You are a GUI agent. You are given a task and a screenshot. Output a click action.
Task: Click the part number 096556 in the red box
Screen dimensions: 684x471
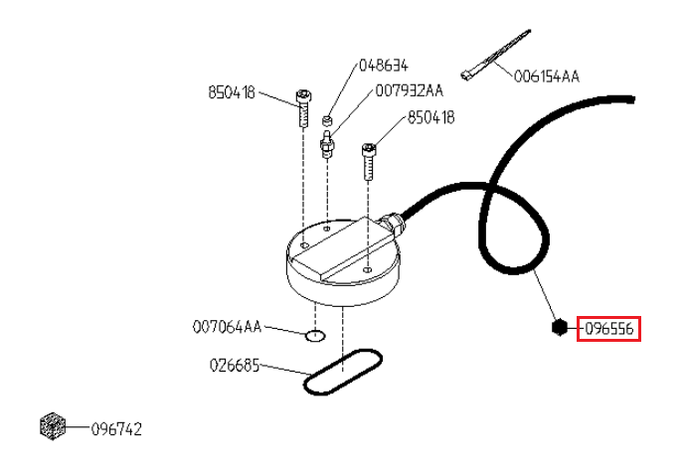[x=609, y=329]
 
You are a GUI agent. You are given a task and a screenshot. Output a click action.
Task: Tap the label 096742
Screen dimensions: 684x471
[x=116, y=429]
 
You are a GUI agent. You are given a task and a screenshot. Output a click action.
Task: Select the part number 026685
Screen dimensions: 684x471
[x=235, y=366]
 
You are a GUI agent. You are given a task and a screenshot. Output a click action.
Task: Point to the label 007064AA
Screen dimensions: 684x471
[x=227, y=327]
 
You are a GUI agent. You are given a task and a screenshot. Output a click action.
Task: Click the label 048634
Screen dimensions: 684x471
[x=384, y=66]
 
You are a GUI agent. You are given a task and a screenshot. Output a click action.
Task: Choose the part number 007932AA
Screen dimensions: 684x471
[x=410, y=90]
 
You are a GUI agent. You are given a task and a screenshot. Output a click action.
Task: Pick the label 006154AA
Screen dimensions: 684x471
[x=547, y=77]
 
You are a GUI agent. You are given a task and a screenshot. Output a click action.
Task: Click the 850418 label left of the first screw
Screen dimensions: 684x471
[x=232, y=92]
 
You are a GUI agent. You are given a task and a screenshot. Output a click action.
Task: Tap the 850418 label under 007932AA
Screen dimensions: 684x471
[x=431, y=117]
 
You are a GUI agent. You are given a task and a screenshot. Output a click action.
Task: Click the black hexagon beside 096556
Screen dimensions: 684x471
[x=560, y=327]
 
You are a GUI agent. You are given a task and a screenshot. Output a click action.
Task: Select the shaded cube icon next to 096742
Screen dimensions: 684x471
[x=53, y=426]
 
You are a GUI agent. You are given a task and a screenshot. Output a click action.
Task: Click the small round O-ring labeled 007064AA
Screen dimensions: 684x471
[x=315, y=336]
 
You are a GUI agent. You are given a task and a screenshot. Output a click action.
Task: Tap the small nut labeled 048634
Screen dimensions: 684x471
[x=326, y=120]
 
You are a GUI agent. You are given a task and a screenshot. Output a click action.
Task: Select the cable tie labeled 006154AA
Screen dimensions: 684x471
[x=494, y=56]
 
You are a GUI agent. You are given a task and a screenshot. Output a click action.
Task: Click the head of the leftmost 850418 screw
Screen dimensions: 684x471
[x=304, y=95]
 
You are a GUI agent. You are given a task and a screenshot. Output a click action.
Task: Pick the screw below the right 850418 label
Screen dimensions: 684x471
[x=369, y=162]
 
